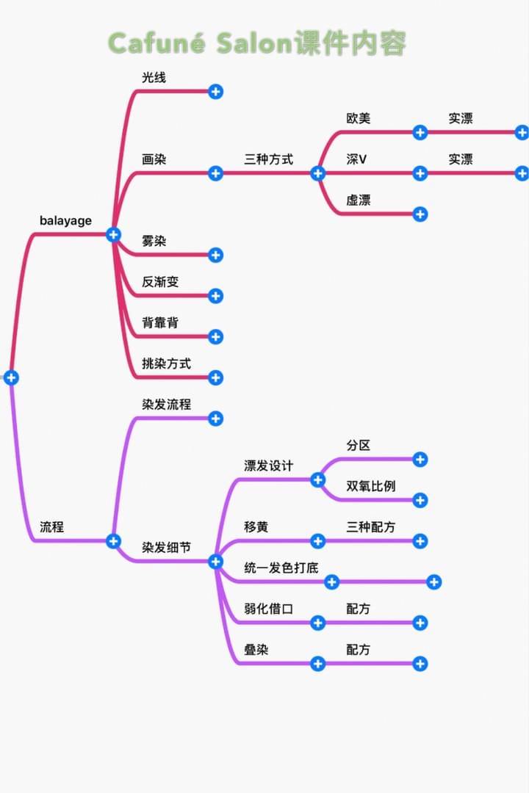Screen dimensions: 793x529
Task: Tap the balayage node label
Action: pos(65,220)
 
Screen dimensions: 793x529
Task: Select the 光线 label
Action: pos(154,77)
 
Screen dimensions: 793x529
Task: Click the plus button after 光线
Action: pos(215,92)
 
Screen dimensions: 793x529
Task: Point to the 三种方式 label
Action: pos(268,159)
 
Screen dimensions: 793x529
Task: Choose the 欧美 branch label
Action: pos(359,118)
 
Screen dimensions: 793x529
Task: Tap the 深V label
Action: pos(356,159)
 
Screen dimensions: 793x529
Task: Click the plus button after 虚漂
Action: pos(420,214)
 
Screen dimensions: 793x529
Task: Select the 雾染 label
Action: pos(154,241)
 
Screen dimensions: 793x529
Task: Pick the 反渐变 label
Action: pos(160,281)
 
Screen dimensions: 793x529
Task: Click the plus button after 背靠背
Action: pos(215,337)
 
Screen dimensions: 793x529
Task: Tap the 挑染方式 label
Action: pos(166,363)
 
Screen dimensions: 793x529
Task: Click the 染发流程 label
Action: pos(166,404)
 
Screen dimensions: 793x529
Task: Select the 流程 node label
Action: pos(51,526)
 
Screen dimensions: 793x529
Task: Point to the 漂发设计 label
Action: pos(268,466)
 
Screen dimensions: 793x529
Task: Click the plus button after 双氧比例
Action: pos(420,501)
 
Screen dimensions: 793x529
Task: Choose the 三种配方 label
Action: pos(370,526)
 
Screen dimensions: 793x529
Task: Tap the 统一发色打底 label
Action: pos(281,568)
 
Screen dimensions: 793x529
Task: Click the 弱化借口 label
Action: pos(268,608)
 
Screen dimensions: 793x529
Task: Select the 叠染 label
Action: pos(256,649)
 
